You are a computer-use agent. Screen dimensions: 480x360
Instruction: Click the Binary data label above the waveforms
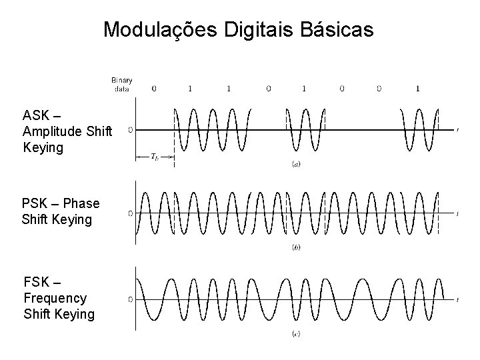point(121,84)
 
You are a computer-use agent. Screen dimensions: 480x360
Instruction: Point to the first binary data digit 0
point(154,87)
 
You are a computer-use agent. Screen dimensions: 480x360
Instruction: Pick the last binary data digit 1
point(417,87)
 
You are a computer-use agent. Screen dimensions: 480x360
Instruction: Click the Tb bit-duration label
point(155,157)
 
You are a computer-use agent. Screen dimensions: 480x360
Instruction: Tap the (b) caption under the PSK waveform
point(295,247)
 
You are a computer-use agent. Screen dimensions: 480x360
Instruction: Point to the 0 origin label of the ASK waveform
point(130,129)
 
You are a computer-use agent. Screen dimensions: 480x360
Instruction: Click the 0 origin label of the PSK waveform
point(130,213)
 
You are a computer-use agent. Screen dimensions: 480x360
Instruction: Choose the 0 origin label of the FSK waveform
point(130,299)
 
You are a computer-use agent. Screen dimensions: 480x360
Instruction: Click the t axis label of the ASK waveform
point(457,129)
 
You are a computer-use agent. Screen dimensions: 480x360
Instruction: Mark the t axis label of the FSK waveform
point(457,299)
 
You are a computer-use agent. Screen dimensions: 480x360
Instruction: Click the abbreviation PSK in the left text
point(37,203)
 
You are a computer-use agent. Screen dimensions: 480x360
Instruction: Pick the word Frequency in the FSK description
point(55,297)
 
